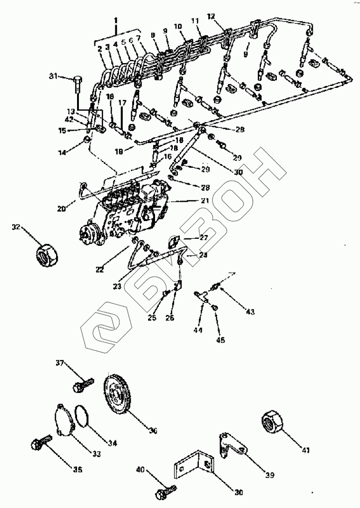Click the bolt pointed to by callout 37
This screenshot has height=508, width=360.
(80, 385)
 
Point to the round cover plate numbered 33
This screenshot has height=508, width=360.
(64, 420)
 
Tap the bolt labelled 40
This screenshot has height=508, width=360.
(166, 491)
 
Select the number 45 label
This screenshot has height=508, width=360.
(220, 340)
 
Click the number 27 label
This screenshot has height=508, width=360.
(204, 237)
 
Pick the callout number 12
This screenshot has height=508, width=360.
(211, 16)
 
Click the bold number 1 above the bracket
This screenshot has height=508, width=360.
(116, 20)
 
